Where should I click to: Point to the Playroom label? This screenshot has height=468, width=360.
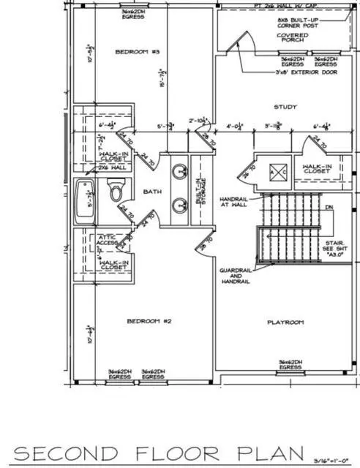(285, 322)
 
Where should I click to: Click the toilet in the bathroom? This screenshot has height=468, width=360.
(116, 192)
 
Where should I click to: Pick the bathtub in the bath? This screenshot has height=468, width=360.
(85, 200)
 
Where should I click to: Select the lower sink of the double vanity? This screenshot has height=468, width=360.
(179, 206)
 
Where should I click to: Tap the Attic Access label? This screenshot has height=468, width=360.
(100, 241)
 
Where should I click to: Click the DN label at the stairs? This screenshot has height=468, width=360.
(329, 208)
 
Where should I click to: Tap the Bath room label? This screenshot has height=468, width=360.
(152, 192)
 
